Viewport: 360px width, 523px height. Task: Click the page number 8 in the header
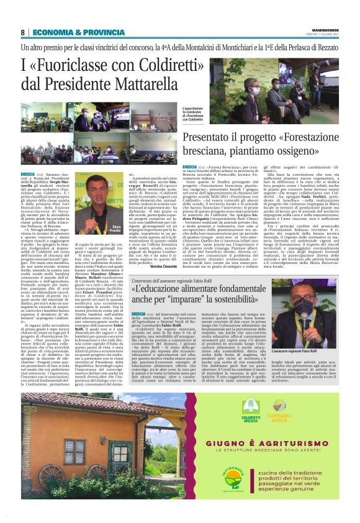22,32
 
